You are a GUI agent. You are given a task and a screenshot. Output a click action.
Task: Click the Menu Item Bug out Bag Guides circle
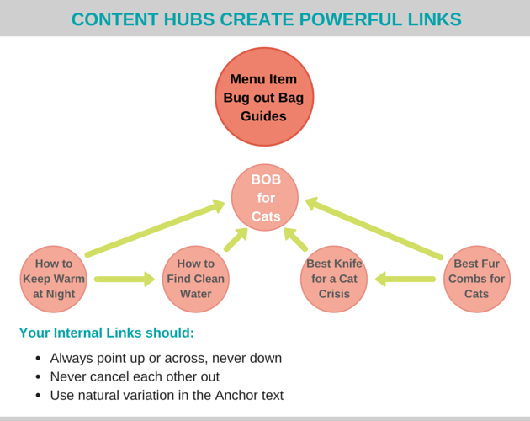tap(264, 97)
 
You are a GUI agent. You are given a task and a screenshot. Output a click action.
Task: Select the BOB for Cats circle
tap(265, 198)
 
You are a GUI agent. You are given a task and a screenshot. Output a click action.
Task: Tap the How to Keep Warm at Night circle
tap(54, 279)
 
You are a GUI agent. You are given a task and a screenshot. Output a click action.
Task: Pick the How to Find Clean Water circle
tap(195, 279)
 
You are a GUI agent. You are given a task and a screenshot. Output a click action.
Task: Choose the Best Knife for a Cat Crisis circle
tap(334, 279)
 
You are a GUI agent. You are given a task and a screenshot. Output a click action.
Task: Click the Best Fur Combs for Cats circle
tap(476, 279)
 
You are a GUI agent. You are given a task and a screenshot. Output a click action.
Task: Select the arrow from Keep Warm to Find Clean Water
tap(125, 279)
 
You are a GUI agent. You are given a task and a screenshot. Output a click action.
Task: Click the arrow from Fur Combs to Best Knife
tap(405, 279)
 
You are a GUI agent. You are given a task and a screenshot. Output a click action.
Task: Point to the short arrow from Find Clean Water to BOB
tap(235, 240)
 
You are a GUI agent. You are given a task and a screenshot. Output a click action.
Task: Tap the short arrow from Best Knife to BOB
tap(296, 240)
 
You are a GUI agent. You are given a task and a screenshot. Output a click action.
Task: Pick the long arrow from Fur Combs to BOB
tap(374, 227)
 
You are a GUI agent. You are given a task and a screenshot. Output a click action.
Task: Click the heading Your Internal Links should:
tap(107, 333)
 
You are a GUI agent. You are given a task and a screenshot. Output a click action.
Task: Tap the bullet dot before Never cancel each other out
tap(38, 376)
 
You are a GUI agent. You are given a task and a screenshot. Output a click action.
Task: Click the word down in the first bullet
tap(265, 358)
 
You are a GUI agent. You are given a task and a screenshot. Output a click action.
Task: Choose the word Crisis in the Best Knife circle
tap(334, 294)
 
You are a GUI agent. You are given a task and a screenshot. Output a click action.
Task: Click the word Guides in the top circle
tap(264, 115)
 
